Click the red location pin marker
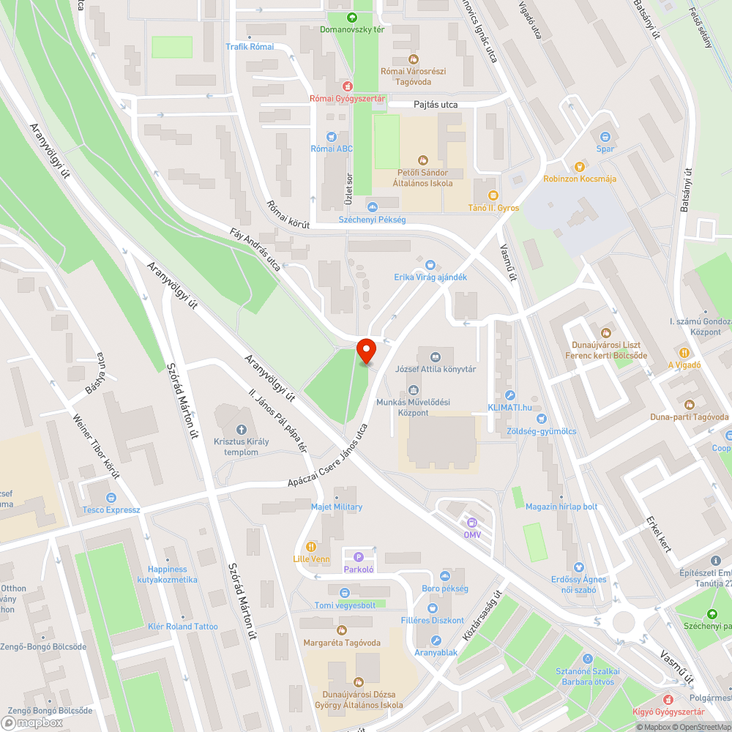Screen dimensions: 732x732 coord(366,351)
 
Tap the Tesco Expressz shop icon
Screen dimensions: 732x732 coord(111,497)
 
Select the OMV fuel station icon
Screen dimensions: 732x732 coord(472,523)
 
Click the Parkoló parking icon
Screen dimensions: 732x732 coord(359,557)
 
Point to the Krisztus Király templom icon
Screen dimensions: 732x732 coord(241,429)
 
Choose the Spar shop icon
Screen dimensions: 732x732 coord(605,136)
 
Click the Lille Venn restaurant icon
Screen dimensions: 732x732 coord(311,546)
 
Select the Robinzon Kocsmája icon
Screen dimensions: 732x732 coord(580,166)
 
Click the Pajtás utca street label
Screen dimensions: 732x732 coord(436,105)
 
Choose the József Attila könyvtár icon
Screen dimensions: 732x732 coord(436,356)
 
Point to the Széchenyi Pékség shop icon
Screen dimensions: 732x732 coord(372,207)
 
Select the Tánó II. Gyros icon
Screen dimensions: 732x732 coord(493,195)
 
